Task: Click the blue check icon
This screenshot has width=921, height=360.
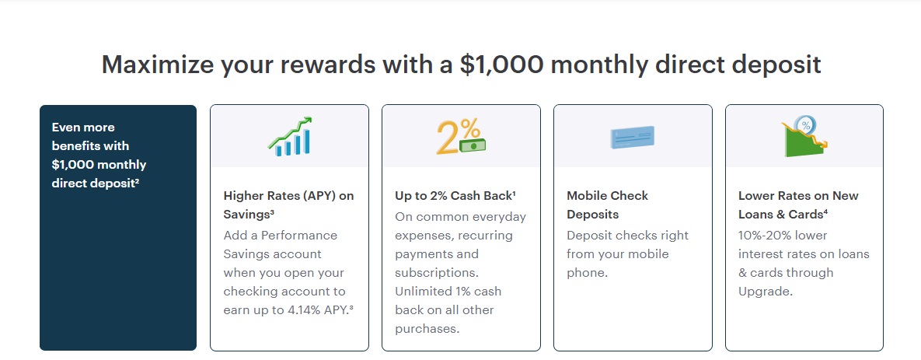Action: click(632, 137)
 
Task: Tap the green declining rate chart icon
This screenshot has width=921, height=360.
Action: click(804, 138)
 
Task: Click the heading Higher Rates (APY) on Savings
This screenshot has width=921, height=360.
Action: click(288, 204)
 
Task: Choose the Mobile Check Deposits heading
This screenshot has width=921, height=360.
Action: click(607, 204)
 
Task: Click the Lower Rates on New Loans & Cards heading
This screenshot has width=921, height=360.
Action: click(798, 204)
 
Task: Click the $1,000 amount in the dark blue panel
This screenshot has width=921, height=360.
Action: click(75, 165)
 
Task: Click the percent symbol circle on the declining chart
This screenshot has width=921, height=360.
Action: click(806, 124)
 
